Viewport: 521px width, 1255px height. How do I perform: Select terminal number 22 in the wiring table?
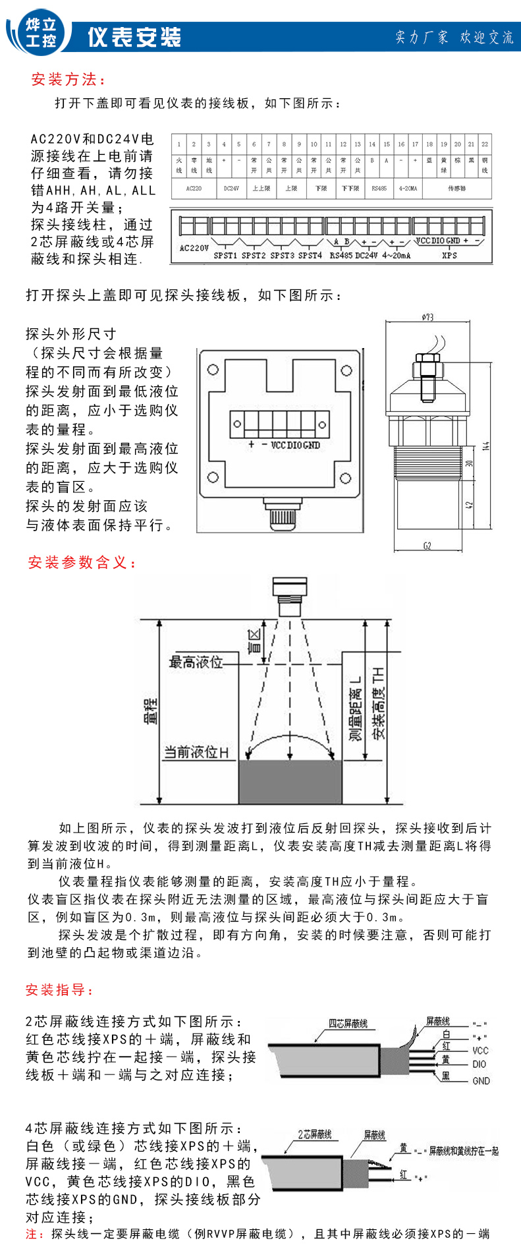485,144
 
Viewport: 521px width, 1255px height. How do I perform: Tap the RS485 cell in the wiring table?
379,189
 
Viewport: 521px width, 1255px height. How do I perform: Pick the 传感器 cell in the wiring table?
456,189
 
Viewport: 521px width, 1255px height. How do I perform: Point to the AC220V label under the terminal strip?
194,248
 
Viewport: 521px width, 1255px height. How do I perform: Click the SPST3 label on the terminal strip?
282,255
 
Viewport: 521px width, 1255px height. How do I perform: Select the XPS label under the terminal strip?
449,255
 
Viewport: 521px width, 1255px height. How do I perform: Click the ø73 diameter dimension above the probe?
427,317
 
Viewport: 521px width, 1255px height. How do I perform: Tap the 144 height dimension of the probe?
486,446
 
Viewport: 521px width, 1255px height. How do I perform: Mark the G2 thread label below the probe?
427,546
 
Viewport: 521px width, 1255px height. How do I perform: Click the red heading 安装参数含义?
82,562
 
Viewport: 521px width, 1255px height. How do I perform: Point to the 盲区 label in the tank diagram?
254,640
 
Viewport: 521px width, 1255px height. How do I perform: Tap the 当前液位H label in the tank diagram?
196,752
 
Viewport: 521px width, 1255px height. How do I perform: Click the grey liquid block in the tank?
290,781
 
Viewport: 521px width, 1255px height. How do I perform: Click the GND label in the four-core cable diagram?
481,1080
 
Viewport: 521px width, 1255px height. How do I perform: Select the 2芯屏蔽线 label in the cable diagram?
314,1134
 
